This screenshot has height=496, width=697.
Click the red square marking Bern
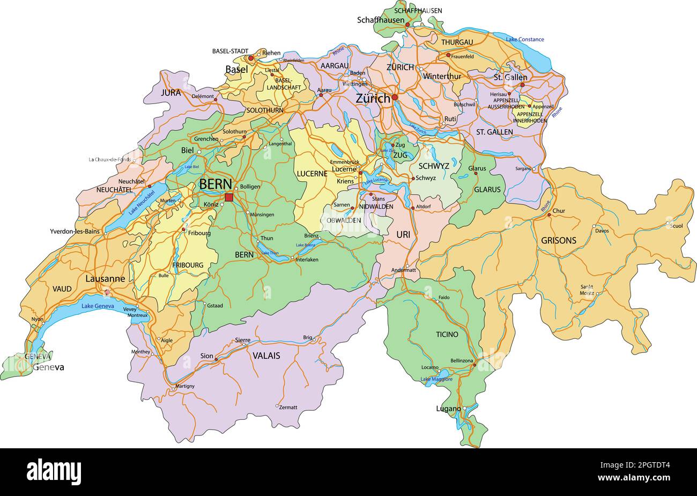tap(229, 197)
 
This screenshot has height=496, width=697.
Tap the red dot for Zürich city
tap(395, 98)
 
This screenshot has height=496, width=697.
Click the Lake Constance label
tap(525, 39)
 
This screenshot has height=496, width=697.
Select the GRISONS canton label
tap(558, 240)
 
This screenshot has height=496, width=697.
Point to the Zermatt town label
tap(288, 408)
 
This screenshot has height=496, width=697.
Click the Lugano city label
tap(448, 409)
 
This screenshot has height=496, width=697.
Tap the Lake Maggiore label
tap(436, 380)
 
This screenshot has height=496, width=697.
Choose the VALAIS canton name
tap(266, 356)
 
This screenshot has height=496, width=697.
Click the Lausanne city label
tap(105, 279)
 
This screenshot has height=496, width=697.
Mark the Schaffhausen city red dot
tap(407, 25)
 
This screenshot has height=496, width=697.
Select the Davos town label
tap(602, 231)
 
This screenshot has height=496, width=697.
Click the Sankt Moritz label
tap(587, 290)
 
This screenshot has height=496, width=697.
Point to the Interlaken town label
tap(307, 260)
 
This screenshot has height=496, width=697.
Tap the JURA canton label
tap(170, 92)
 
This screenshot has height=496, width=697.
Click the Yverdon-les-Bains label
tap(75, 232)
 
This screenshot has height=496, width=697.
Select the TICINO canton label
tap(447, 334)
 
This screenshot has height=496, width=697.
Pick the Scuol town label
tap(677, 226)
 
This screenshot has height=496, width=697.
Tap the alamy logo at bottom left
tap(54, 471)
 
